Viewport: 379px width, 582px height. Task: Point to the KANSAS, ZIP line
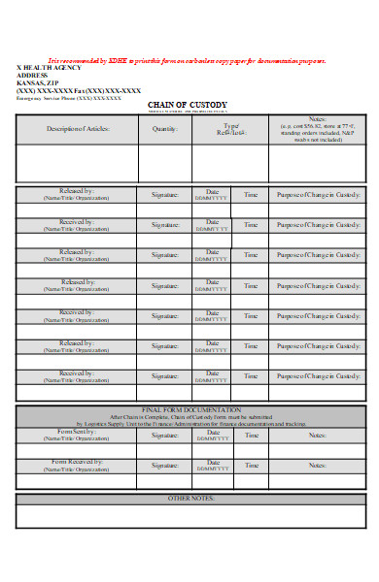pyautogui.click(x=39, y=83)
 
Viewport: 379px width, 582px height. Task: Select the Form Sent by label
pyautogui.click(x=78, y=433)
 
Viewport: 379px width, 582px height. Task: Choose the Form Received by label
pyautogui.click(x=78, y=463)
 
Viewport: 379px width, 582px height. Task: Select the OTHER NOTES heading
pyautogui.click(x=191, y=499)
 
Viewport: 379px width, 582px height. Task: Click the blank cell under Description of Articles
pyautogui.click(x=78, y=163)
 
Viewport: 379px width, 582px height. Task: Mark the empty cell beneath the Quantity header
pyautogui.click(x=165, y=163)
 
